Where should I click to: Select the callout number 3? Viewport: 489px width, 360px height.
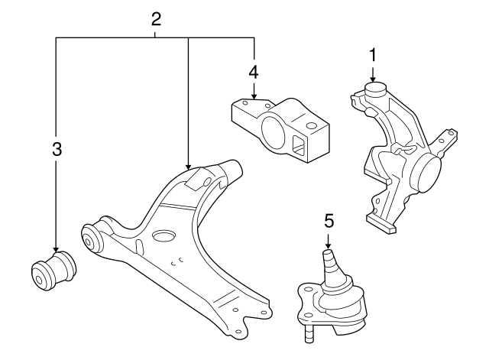click(x=56, y=150)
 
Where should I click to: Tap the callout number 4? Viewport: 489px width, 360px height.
click(x=253, y=72)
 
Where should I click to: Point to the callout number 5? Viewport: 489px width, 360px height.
click(x=329, y=222)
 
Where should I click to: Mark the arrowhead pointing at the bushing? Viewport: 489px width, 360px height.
click(x=56, y=249)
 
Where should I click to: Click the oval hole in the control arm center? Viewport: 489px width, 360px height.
click(x=164, y=236)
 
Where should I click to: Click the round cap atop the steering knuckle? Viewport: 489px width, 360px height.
click(x=374, y=90)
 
